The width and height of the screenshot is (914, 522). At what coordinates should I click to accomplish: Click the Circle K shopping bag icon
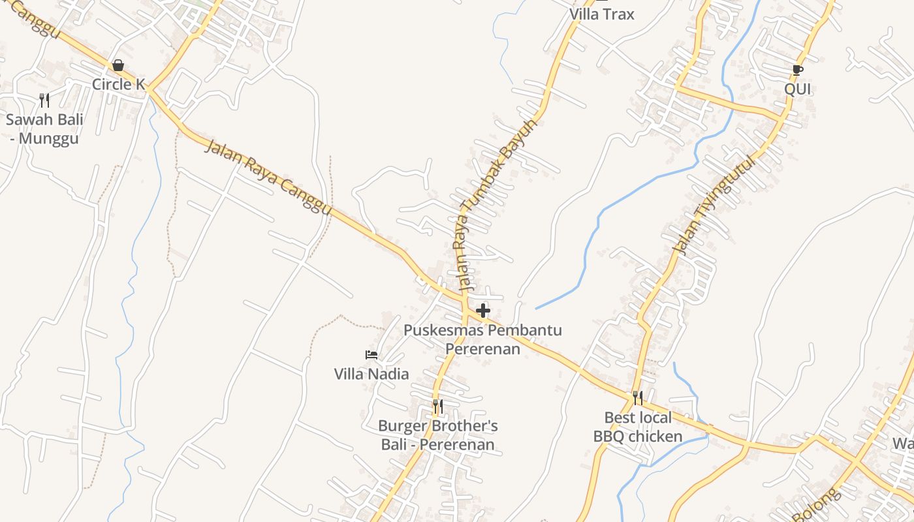[x=118, y=65]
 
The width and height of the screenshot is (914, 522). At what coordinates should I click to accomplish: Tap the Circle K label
[x=118, y=84]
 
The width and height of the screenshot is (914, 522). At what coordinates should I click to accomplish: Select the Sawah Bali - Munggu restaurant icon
[x=44, y=100]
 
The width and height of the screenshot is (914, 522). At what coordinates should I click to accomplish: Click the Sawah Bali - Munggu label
[x=44, y=129]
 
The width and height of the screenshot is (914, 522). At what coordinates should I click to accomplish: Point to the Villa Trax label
[x=601, y=14]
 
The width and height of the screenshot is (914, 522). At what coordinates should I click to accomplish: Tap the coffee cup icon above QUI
[x=797, y=70]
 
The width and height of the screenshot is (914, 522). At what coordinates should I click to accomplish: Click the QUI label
[x=797, y=89]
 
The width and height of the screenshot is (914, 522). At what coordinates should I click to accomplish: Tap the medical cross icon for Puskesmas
[x=483, y=311]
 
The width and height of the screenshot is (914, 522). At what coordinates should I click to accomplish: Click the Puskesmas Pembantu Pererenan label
[x=482, y=339]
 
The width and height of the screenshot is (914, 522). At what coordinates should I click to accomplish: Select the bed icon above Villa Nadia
[x=371, y=355]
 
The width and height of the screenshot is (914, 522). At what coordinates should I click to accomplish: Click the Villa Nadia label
[x=371, y=374]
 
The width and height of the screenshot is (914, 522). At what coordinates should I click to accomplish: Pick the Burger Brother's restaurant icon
[x=438, y=407]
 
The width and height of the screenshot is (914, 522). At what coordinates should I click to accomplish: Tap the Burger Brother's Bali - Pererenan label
[x=438, y=435]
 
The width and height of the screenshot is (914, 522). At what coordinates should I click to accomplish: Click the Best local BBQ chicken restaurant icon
[x=638, y=398]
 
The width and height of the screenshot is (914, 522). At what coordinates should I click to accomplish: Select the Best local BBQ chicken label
[x=638, y=427]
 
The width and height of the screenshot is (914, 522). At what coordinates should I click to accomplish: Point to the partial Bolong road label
[x=816, y=506]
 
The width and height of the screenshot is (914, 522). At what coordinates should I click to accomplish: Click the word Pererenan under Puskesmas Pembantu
[x=482, y=349]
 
